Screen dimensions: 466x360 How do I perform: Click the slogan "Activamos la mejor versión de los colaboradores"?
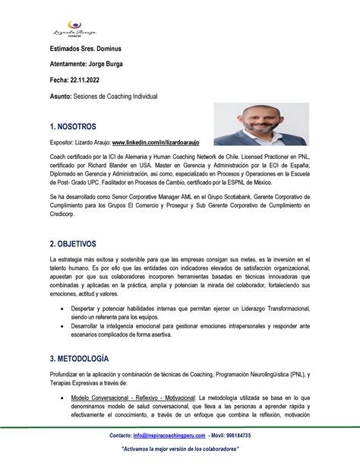pyautogui.click(x=181, y=449)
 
